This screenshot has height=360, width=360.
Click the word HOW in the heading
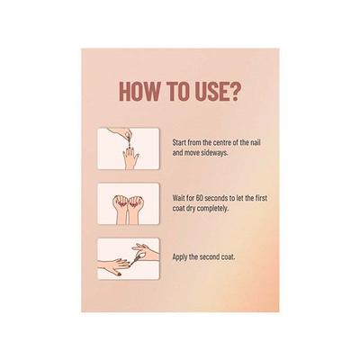tap(139, 90)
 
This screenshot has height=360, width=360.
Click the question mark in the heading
tap(234, 90)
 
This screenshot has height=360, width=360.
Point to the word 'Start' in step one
tap(179, 142)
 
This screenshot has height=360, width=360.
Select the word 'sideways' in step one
tap(215, 152)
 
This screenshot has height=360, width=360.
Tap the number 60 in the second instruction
tap(193, 198)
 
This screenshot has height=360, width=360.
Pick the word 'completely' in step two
tap(212, 209)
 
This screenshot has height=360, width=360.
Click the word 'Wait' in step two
tap(177, 198)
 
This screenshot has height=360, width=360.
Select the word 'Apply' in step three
tap(179, 257)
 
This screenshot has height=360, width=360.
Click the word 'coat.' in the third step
tap(229, 257)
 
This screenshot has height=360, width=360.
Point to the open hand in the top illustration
tap(131, 158)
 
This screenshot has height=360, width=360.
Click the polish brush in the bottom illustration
tap(135, 258)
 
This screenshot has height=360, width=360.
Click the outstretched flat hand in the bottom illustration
tap(114, 265)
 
